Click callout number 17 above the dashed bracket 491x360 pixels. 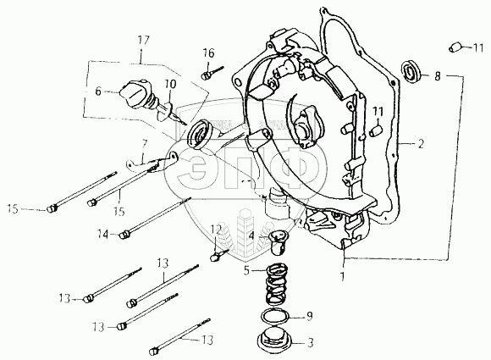(143, 41)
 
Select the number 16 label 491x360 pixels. (208, 53)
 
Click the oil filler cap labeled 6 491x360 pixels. (135, 93)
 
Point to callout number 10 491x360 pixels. (169, 84)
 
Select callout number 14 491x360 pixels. (103, 234)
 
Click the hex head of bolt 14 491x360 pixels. (124, 234)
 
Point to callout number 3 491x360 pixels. (310, 343)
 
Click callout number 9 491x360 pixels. (309, 317)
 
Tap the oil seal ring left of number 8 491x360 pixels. (411, 72)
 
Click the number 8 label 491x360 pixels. (438, 76)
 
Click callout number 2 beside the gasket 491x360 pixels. (421, 144)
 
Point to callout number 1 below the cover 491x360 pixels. (342, 276)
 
